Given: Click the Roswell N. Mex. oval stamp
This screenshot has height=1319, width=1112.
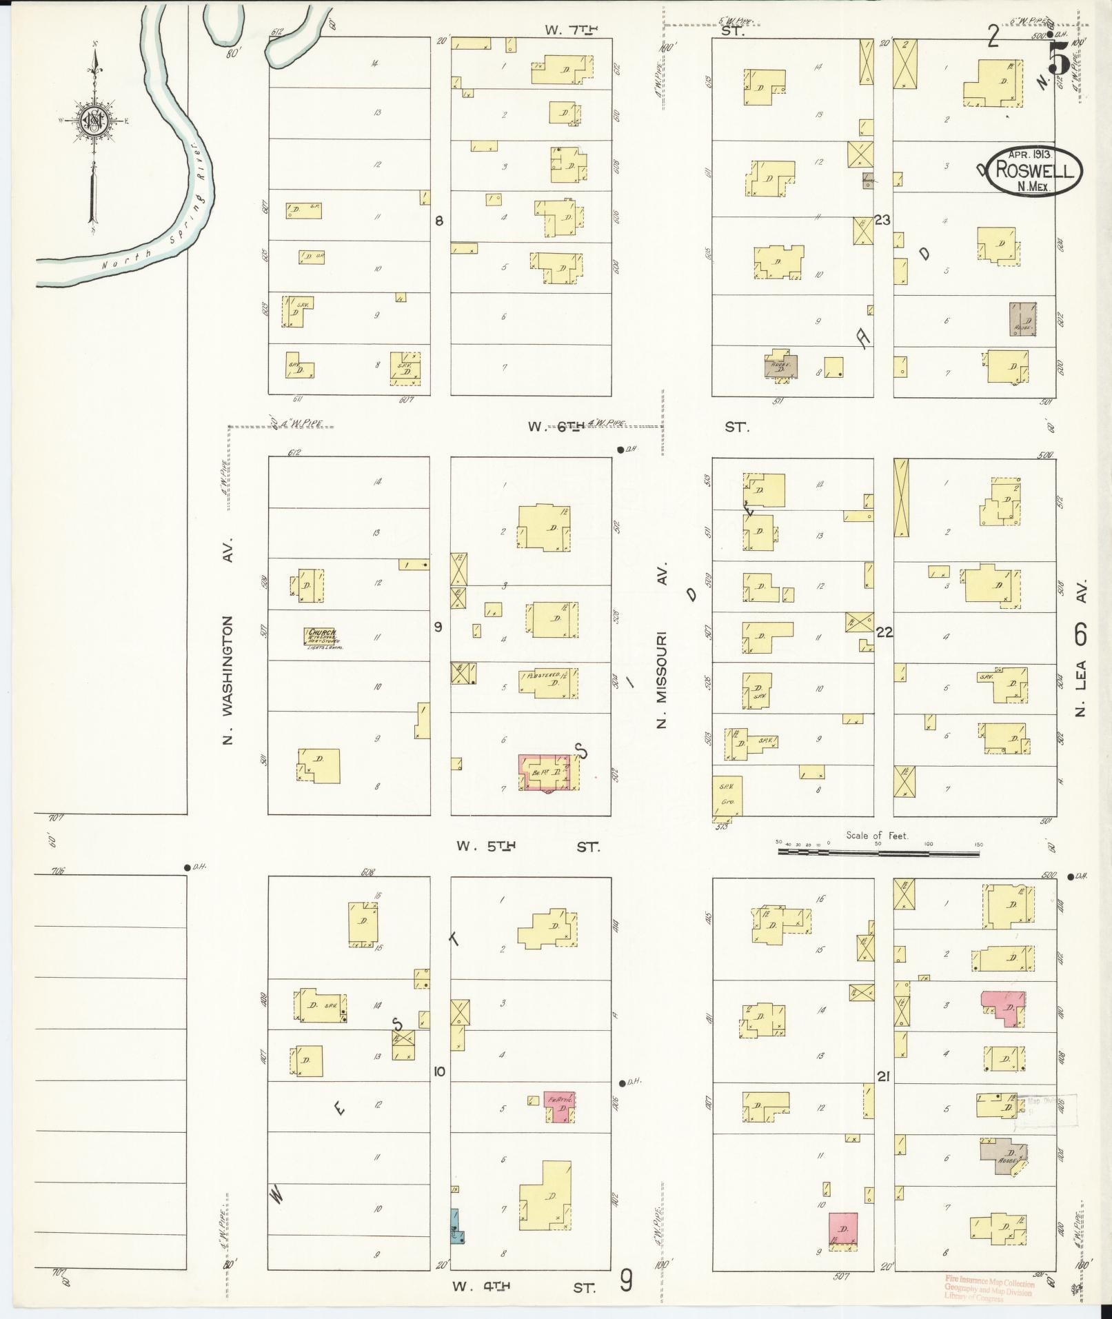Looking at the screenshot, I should coord(1034,170).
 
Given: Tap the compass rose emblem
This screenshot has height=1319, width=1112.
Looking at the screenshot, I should coord(92,121).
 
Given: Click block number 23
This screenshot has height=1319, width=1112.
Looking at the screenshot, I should coord(882,220).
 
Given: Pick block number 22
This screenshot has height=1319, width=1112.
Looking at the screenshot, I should coord(884,632).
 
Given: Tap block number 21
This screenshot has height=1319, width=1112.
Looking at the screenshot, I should coord(883,1076).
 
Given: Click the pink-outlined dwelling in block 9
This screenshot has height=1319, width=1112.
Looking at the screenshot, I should coord(545,772).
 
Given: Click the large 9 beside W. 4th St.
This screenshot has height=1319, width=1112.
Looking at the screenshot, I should coord(626,1281).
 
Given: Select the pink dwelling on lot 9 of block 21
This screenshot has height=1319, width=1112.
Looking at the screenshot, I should coord(843,1231).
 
